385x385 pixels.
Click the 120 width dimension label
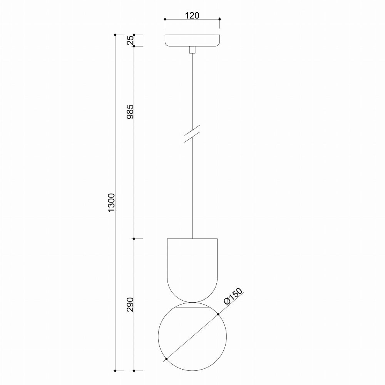[x=192, y=15]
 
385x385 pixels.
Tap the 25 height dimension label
[x=131, y=40]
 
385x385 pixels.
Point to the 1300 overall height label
[x=112, y=202]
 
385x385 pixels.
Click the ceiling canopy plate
[x=192, y=41]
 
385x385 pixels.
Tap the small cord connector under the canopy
[x=192, y=50]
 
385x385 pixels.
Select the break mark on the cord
[x=192, y=134]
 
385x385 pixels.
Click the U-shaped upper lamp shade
[x=192, y=266]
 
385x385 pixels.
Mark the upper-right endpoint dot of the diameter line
[x=218, y=315]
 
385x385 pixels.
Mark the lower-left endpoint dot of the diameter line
[x=166, y=359]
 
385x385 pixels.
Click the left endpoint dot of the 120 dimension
[x=165, y=19]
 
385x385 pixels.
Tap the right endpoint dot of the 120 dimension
[x=219, y=19]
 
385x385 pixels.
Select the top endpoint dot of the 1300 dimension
[x=115, y=35]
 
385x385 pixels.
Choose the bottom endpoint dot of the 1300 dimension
[x=115, y=371]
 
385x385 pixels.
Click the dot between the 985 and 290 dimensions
[x=134, y=239]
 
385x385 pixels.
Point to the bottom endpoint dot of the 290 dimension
[x=134, y=371]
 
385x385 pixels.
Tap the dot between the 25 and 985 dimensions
[x=134, y=46]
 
